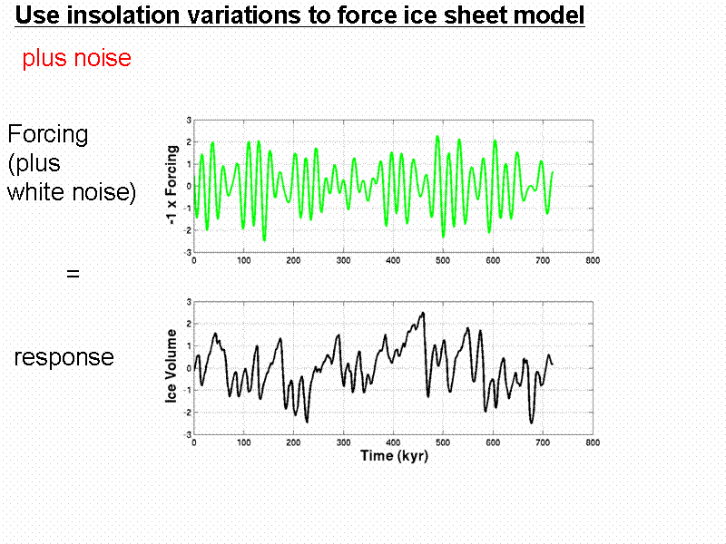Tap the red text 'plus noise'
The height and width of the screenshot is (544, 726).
pyautogui.click(x=77, y=59)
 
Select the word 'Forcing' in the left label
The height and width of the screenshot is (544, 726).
pyautogui.click(x=48, y=134)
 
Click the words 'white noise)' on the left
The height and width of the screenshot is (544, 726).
pyautogui.click(x=72, y=192)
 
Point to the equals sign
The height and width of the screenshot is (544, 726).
pyautogui.click(x=73, y=272)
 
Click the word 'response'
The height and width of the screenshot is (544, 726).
pyautogui.click(x=64, y=357)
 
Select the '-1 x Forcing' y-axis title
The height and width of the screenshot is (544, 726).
pyautogui.click(x=172, y=186)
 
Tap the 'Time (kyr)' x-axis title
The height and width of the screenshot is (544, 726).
pyautogui.click(x=393, y=455)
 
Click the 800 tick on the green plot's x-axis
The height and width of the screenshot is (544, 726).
pyautogui.click(x=592, y=261)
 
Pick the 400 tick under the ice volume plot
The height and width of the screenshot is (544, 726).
pyautogui.click(x=393, y=442)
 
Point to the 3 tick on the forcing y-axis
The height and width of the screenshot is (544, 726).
pyautogui.click(x=188, y=120)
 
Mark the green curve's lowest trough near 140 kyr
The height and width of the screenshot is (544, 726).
pyautogui.click(x=265, y=240)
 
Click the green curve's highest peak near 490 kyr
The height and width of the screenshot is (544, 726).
pyautogui.click(x=437, y=136)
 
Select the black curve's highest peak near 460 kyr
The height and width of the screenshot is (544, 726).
pyautogui.click(x=423, y=313)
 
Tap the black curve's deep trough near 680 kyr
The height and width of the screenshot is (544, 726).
pyautogui.click(x=532, y=423)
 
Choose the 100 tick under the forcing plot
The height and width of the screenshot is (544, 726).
pyautogui.click(x=243, y=261)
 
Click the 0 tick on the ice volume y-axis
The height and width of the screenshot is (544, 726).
pyautogui.click(x=188, y=368)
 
